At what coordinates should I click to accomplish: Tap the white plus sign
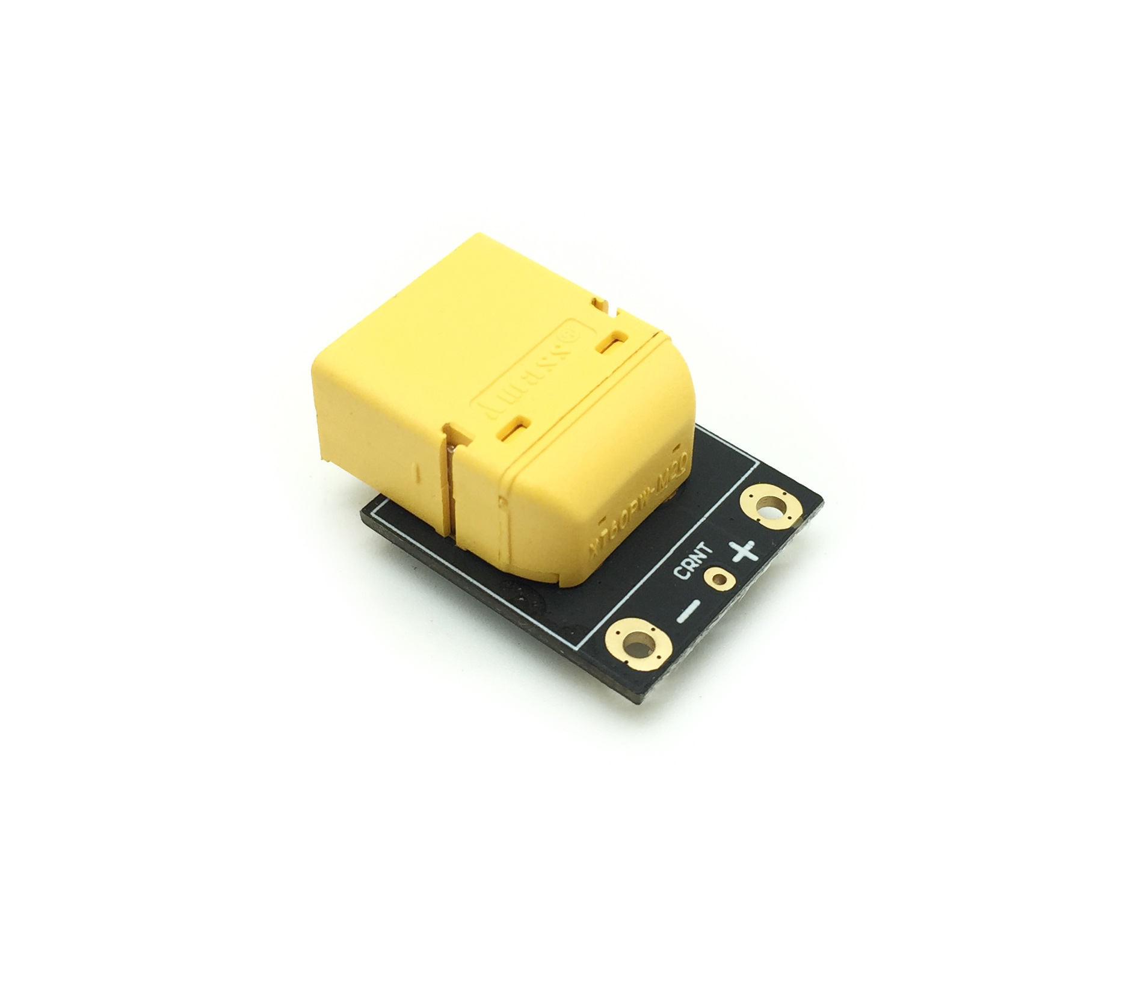[742, 551]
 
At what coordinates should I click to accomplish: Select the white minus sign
[688, 611]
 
